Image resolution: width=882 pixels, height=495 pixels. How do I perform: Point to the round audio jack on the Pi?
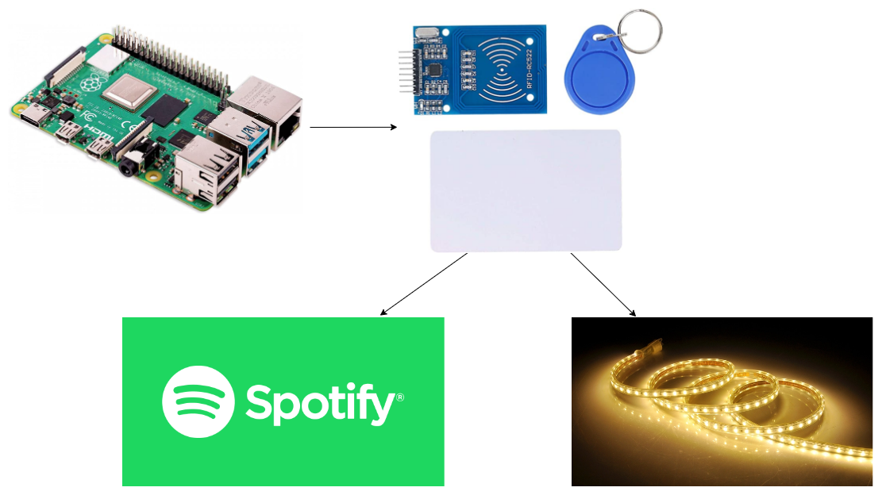[128, 166]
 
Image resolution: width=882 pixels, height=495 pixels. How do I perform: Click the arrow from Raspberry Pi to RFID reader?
[352, 126]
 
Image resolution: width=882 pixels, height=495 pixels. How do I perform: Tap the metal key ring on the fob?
[639, 28]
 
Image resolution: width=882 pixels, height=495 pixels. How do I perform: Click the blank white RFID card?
[526, 190]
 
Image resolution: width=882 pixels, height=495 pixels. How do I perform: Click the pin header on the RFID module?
[405, 71]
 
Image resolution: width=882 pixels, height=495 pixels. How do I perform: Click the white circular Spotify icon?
[198, 401]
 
